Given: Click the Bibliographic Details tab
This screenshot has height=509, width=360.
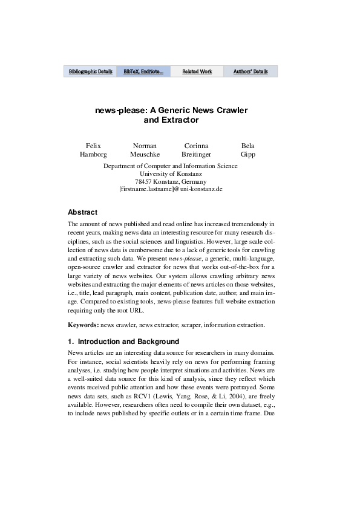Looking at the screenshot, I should point(90,71).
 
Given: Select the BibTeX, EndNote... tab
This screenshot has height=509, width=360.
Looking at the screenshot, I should point(143,71).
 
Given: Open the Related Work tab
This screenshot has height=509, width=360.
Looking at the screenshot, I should point(197,71).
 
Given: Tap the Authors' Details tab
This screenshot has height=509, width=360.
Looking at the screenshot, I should point(250,71).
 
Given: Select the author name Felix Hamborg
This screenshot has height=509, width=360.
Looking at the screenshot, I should point(93,150).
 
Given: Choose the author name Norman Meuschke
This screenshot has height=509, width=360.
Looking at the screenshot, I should point(145,150).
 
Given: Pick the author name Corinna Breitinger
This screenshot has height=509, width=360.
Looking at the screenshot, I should point(196,150).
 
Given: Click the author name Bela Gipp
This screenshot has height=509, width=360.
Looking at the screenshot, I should point(248,150).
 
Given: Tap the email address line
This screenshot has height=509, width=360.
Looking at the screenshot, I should point(171,189).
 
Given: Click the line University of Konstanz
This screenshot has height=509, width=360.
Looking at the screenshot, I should point(171,173).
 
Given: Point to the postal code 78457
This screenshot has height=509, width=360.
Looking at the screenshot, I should point(144,181).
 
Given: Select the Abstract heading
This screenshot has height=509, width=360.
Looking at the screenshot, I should point(82,212).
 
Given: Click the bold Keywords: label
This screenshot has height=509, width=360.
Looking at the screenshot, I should point(83,325).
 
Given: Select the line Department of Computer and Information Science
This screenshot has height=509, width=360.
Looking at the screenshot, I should point(171,166).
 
